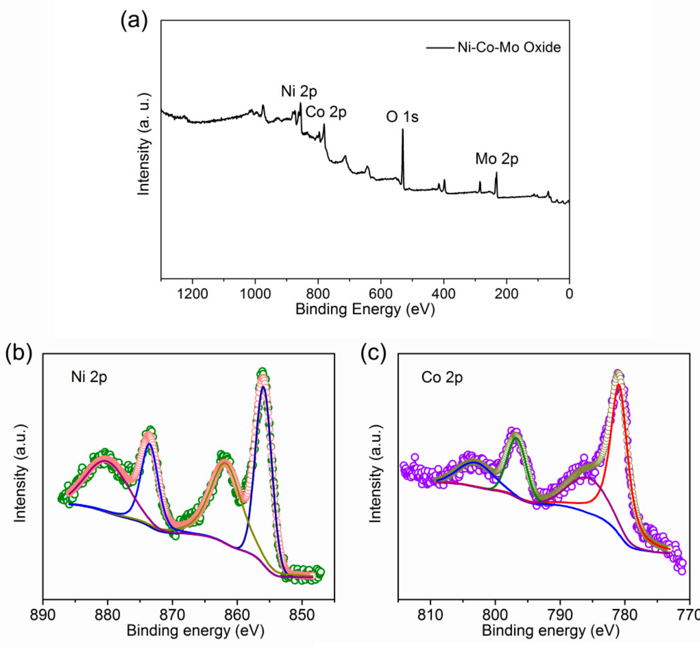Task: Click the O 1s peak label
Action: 402,116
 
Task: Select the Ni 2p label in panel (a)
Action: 299,91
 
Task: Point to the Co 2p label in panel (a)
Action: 326,112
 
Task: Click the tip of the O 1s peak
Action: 403,130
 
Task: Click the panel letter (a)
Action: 134,21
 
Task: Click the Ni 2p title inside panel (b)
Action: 89,377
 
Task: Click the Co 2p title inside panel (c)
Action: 442,377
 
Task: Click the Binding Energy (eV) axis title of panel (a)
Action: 365,309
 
